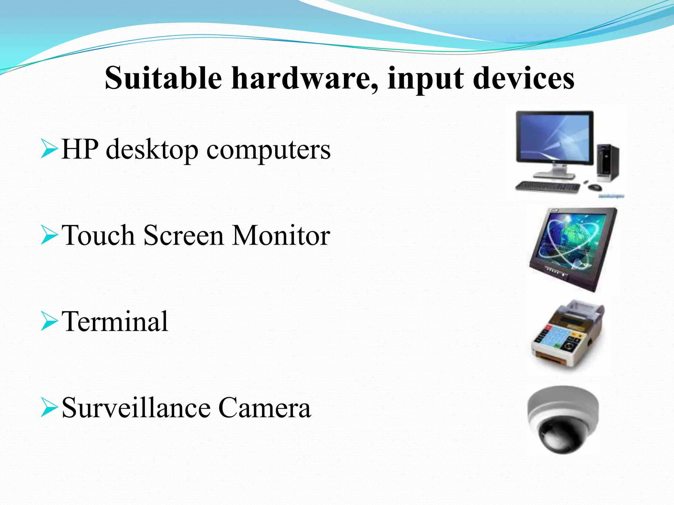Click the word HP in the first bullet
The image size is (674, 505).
click(80, 149)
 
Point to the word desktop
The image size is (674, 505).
click(152, 150)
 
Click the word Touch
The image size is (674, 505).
click(98, 235)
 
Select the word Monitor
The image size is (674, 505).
click(281, 235)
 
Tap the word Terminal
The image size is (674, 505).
click(115, 322)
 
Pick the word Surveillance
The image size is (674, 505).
click(136, 408)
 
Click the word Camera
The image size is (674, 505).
click(264, 408)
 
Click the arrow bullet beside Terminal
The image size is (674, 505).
click(49, 322)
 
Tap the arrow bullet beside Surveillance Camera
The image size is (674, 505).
click(49, 408)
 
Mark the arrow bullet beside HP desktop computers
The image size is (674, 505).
click(49, 149)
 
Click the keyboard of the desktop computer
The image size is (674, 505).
click(547, 187)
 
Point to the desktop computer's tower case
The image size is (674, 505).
click(608, 163)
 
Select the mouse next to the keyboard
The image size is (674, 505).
click(595, 187)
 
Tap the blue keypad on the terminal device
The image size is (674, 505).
click(553, 339)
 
